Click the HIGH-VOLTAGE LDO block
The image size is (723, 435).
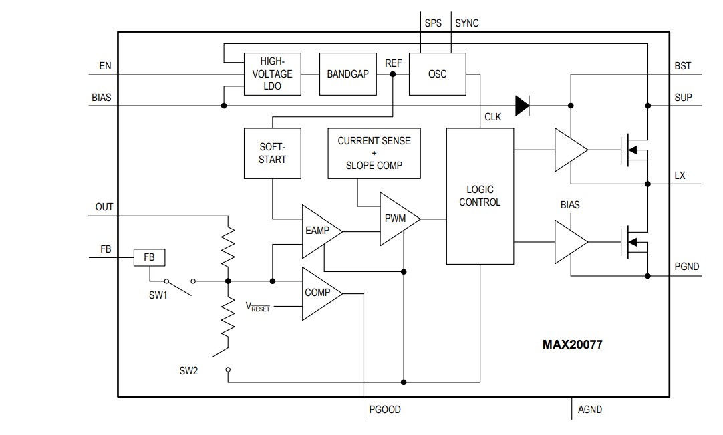click(x=272, y=74)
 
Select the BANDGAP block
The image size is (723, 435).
click(x=347, y=74)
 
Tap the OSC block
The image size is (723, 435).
click(x=437, y=74)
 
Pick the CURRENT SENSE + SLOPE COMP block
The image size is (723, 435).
click(x=374, y=153)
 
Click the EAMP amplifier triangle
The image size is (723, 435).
click(x=319, y=231)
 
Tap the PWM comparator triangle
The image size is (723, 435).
click(x=397, y=219)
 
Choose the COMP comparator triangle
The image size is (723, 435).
click(x=319, y=293)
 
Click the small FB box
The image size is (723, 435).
click(x=150, y=257)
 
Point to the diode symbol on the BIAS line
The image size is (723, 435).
click(x=523, y=105)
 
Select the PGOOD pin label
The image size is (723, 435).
click(x=385, y=409)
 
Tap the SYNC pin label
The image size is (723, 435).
click(x=466, y=23)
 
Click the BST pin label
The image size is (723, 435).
click(x=683, y=66)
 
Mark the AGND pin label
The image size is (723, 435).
click(x=589, y=409)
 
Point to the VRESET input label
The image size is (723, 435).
click(x=258, y=307)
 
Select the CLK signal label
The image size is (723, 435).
click(x=492, y=118)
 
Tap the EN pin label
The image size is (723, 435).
click(x=105, y=66)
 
